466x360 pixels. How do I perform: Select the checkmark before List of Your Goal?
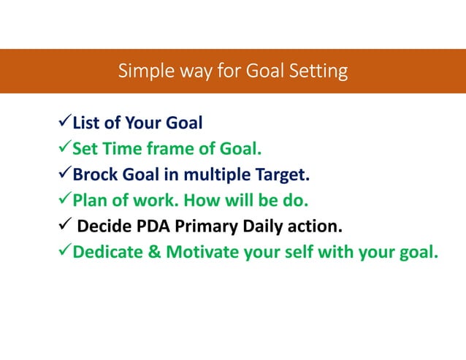tap(63, 122)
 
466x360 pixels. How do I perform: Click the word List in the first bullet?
tap(87, 123)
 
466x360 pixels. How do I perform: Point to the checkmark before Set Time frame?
tap(63, 150)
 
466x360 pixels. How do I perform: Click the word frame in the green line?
tap(173, 150)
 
